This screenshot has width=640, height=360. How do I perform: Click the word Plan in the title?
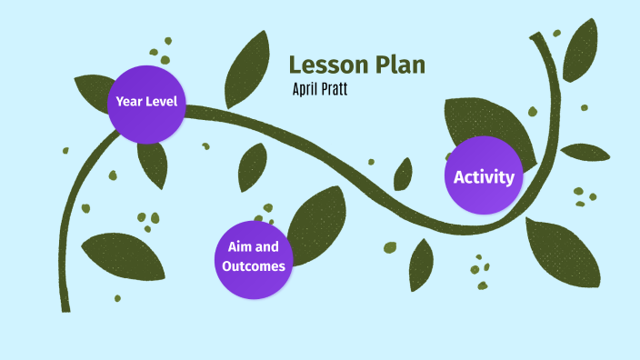click(397, 65)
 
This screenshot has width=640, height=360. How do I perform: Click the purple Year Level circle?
click(146, 103)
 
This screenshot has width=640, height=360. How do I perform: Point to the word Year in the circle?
click(129, 101)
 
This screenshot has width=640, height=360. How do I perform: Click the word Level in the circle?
click(162, 101)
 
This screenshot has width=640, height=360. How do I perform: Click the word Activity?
click(484, 176)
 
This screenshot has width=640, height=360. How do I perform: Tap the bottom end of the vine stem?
click(65, 307)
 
